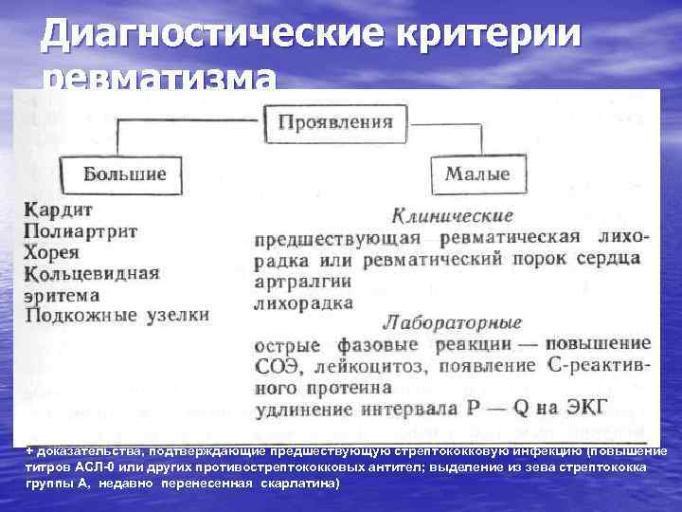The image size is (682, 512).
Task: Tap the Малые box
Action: pyautogui.click(x=477, y=174)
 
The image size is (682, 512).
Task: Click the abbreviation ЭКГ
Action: pyautogui.click(x=586, y=410)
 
